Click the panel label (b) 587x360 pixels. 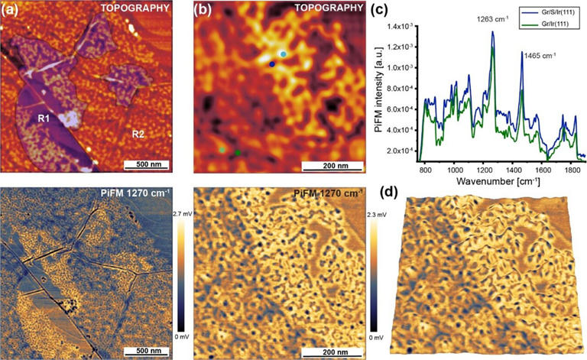[x=203, y=11]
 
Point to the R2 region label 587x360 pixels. [x=138, y=134]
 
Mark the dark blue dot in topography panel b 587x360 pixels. [x=272, y=64]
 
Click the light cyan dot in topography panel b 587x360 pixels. [x=283, y=54]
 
